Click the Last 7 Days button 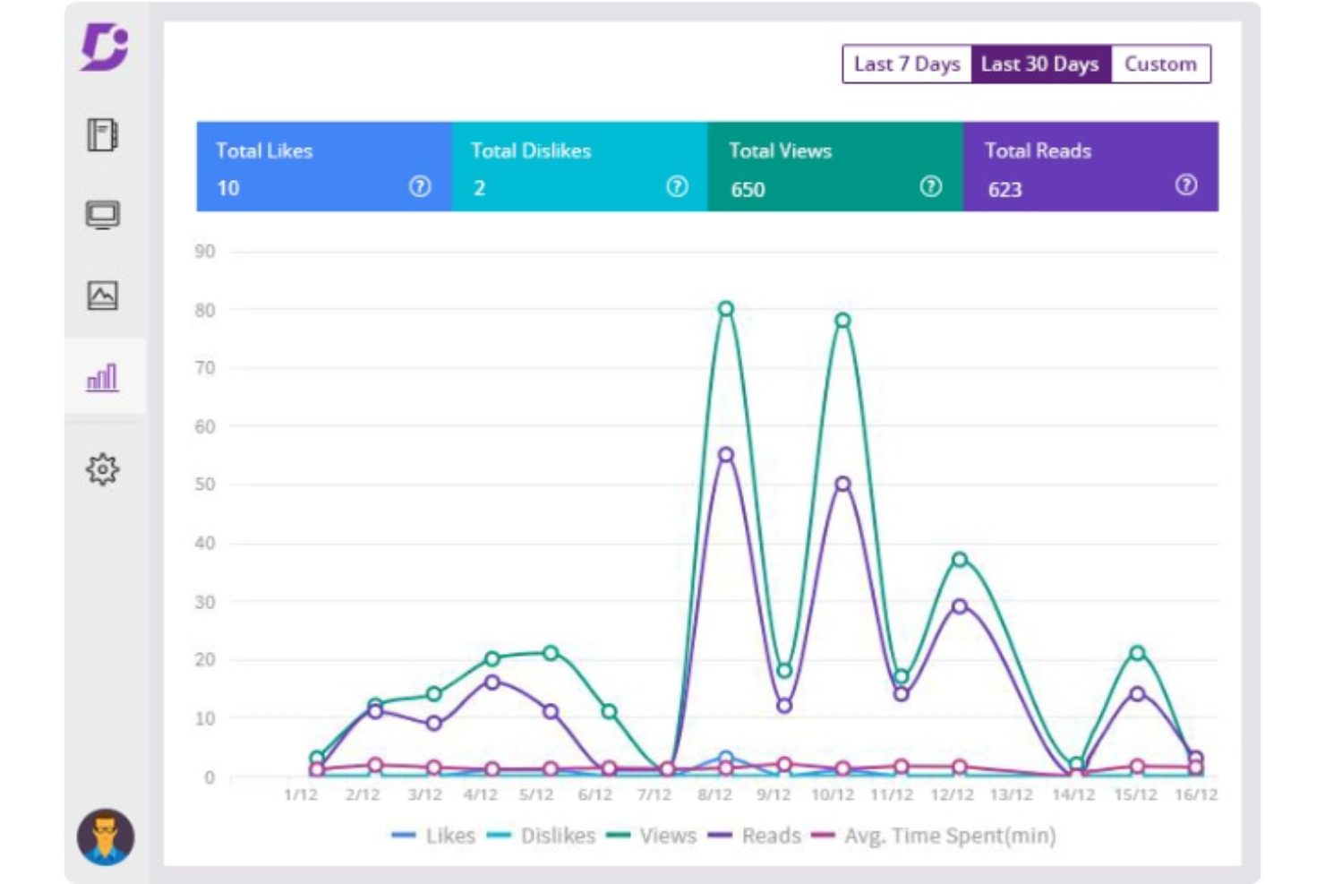click(907, 64)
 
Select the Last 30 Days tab click(1040, 64)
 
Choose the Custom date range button click(1160, 64)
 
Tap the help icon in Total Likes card click(419, 186)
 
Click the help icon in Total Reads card click(1186, 185)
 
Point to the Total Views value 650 click(748, 189)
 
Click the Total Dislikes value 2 click(479, 188)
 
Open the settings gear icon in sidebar click(102, 469)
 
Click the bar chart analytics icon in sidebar click(102, 377)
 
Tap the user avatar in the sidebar click(106, 837)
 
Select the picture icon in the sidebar click(103, 296)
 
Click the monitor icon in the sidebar click(103, 215)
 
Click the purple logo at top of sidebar click(105, 47)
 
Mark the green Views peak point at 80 click(726, 308)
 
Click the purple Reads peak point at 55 click(726, 454)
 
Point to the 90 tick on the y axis click(205, 252)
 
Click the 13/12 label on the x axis click(1011, 794)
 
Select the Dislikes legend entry click(541, 836)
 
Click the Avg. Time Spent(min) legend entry click(934, 836)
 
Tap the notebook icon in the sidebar click(102, 135)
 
